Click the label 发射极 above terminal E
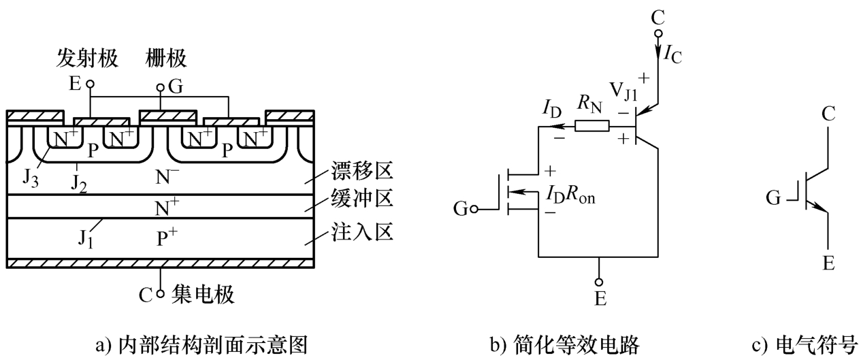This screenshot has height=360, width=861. (x=87, y=59)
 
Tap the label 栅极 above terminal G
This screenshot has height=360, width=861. (x=165, y=59)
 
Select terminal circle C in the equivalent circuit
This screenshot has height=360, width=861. (x=657, y=34)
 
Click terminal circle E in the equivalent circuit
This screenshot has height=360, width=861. (x=599, y=282)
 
